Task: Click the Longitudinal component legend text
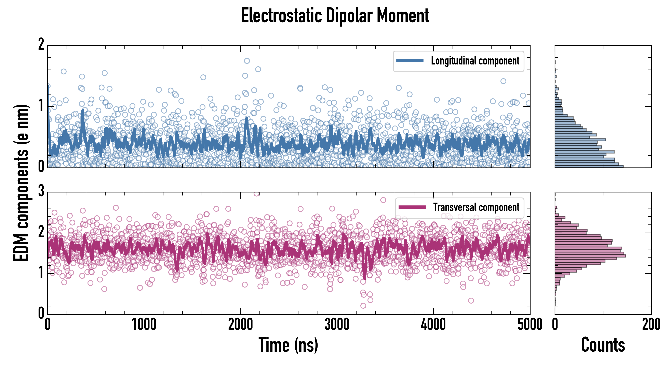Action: coord(475,61)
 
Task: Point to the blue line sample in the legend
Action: coord(410,61)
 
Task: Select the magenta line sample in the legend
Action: coord(412,207)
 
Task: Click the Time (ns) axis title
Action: coord(288,345)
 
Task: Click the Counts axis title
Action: coord(603,345)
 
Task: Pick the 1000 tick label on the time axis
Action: coord(144,325)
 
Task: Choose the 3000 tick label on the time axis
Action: coord(337,325)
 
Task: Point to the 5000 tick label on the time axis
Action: coord(530,325)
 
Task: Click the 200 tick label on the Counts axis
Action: coord(651,325)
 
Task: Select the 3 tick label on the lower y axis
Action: coord(41,191)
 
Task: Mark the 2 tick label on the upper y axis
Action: coord(41,44)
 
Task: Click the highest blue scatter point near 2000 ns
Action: coord(247,61)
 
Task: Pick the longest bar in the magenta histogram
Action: coord(590,256)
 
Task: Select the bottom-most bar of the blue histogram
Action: coord(589,166)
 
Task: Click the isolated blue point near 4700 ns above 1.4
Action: coord(503,81)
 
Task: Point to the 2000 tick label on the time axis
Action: coord(240,325)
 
